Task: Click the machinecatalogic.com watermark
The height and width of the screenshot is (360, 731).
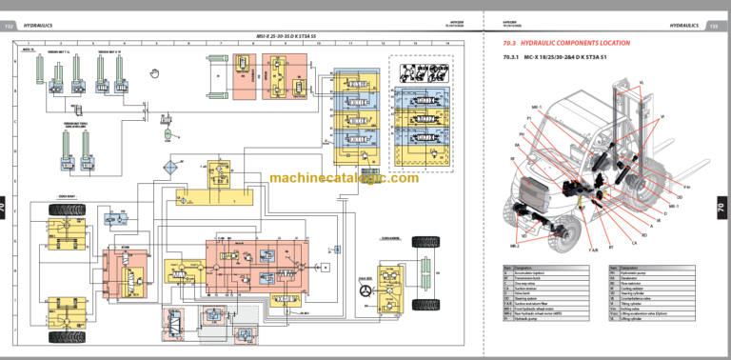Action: (344, 179)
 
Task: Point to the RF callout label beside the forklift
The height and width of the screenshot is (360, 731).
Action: (515, 158)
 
